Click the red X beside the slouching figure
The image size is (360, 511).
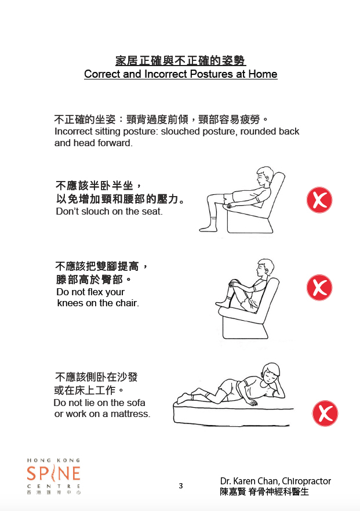(319, 200)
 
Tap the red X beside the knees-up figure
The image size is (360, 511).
(319, 288)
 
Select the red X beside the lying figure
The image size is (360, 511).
(325, 413)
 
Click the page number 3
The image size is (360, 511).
(181, 486)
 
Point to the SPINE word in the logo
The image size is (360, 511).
(53, 473)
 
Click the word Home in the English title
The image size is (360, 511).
(263, 74)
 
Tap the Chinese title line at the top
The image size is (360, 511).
(180, 60)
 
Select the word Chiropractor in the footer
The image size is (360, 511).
(306, 481)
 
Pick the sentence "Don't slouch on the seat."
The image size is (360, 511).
(109, 211)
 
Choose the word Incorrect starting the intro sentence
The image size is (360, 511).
(74, 131)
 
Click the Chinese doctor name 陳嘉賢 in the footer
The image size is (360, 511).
(232, 491)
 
